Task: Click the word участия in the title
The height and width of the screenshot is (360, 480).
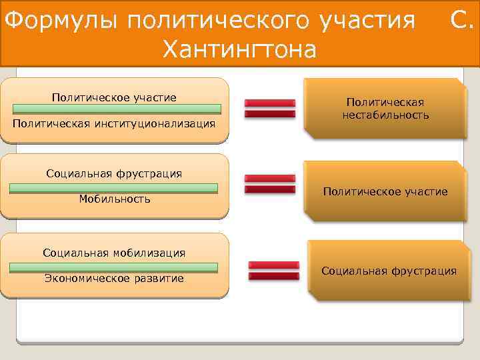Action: [366, 21]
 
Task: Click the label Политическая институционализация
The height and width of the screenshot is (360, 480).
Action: [115, 124]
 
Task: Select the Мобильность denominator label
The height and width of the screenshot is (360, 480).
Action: [115, 199]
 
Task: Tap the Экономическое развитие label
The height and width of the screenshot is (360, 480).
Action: [114, 278]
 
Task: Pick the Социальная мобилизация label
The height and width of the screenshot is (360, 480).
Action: [114, 253]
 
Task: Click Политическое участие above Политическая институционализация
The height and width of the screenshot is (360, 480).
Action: [114, 98]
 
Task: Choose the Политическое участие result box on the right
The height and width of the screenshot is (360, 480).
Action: [385, 191]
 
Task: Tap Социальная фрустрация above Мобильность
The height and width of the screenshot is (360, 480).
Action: [114, 174]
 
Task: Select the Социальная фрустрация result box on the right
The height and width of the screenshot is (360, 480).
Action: [389, 271]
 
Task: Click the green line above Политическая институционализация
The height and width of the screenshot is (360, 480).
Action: [115, 109]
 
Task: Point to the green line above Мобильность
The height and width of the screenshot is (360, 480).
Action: [113, 188]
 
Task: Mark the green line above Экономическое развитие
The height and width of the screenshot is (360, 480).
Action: [113, 267]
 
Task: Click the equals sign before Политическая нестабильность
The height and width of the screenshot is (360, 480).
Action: [269, 108]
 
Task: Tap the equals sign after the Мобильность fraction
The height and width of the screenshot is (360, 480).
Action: [269, 184]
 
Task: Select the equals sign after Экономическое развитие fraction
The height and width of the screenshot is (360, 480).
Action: [273, 270]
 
